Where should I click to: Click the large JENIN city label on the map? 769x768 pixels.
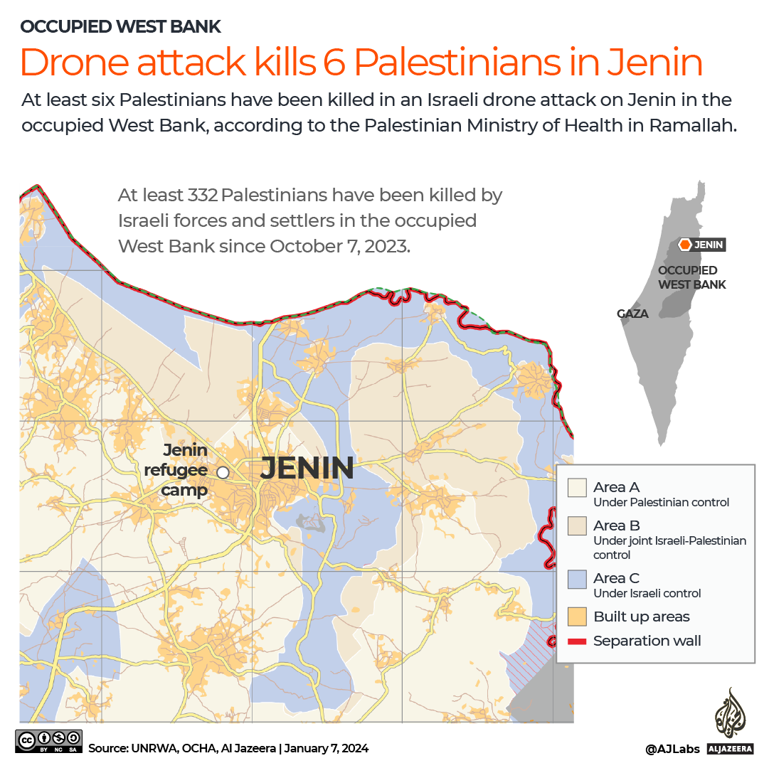(307, 469)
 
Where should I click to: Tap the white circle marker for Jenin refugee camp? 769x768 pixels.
(223, 471)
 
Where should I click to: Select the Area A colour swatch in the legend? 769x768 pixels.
(577, 487)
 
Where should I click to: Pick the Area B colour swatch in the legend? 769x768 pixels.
(577, 526)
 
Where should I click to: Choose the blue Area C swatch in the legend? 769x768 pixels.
(577, 579)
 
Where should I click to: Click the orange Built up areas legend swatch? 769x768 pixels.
(577, 617)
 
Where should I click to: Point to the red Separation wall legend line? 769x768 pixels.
(577, 641)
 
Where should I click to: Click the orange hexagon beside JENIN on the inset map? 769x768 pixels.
(684, 245)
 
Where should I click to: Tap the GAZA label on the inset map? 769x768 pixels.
(632, 313)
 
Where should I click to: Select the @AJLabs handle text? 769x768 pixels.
(672, 749)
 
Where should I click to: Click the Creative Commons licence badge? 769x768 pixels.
(48, 741)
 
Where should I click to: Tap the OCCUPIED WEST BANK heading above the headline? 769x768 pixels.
(121, 27)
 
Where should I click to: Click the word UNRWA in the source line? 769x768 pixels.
(148, 748)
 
